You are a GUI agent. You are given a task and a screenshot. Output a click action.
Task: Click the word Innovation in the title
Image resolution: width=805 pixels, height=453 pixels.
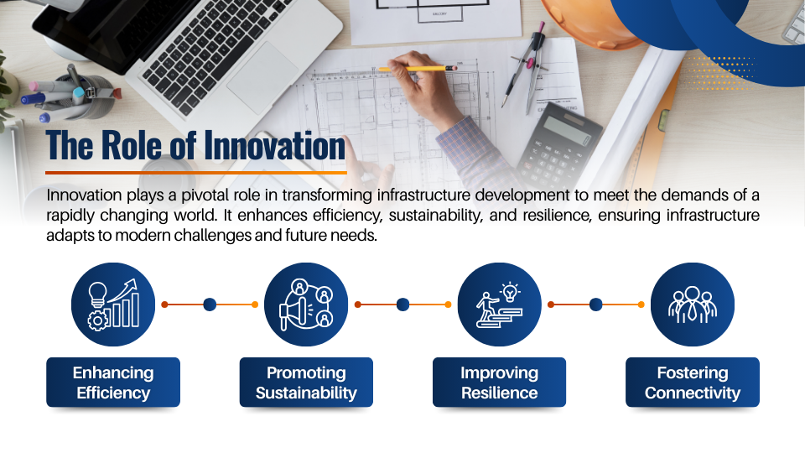(275, 145)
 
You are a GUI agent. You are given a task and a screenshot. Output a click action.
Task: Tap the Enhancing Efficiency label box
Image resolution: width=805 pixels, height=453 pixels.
(113, 383)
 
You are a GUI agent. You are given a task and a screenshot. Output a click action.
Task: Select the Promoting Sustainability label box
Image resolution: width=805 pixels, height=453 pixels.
(306, 383)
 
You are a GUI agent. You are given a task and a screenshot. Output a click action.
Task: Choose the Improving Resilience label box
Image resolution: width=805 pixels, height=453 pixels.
(499, 383)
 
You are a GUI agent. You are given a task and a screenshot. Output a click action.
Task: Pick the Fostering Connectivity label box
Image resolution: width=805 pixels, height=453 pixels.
(692, 383)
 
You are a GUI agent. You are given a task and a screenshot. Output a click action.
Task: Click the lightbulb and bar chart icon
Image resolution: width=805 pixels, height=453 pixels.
(113, 305)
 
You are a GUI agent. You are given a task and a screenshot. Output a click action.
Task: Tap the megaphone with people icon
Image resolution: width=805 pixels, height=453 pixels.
(306, 305)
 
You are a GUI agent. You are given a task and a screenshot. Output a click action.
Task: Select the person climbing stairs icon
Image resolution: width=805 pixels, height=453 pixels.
(499, 305)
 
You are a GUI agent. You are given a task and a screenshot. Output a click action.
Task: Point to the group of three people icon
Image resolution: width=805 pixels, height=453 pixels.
(692, 305)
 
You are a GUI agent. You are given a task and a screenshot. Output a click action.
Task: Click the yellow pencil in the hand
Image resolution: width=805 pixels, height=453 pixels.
(417, 68)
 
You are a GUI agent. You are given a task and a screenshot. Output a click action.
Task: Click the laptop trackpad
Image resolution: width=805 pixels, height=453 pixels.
(262, 77)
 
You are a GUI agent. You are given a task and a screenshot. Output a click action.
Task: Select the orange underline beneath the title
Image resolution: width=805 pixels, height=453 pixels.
(196, 173)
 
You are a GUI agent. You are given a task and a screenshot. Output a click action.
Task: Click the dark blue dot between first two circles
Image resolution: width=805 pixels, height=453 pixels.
(210, 305)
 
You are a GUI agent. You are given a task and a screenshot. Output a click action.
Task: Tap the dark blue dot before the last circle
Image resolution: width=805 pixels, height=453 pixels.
(595, 305)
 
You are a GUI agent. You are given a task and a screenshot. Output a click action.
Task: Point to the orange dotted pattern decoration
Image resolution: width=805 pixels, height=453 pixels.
(719, 73)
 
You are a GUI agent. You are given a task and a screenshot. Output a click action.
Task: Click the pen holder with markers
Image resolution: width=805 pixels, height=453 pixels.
(77, 95)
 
